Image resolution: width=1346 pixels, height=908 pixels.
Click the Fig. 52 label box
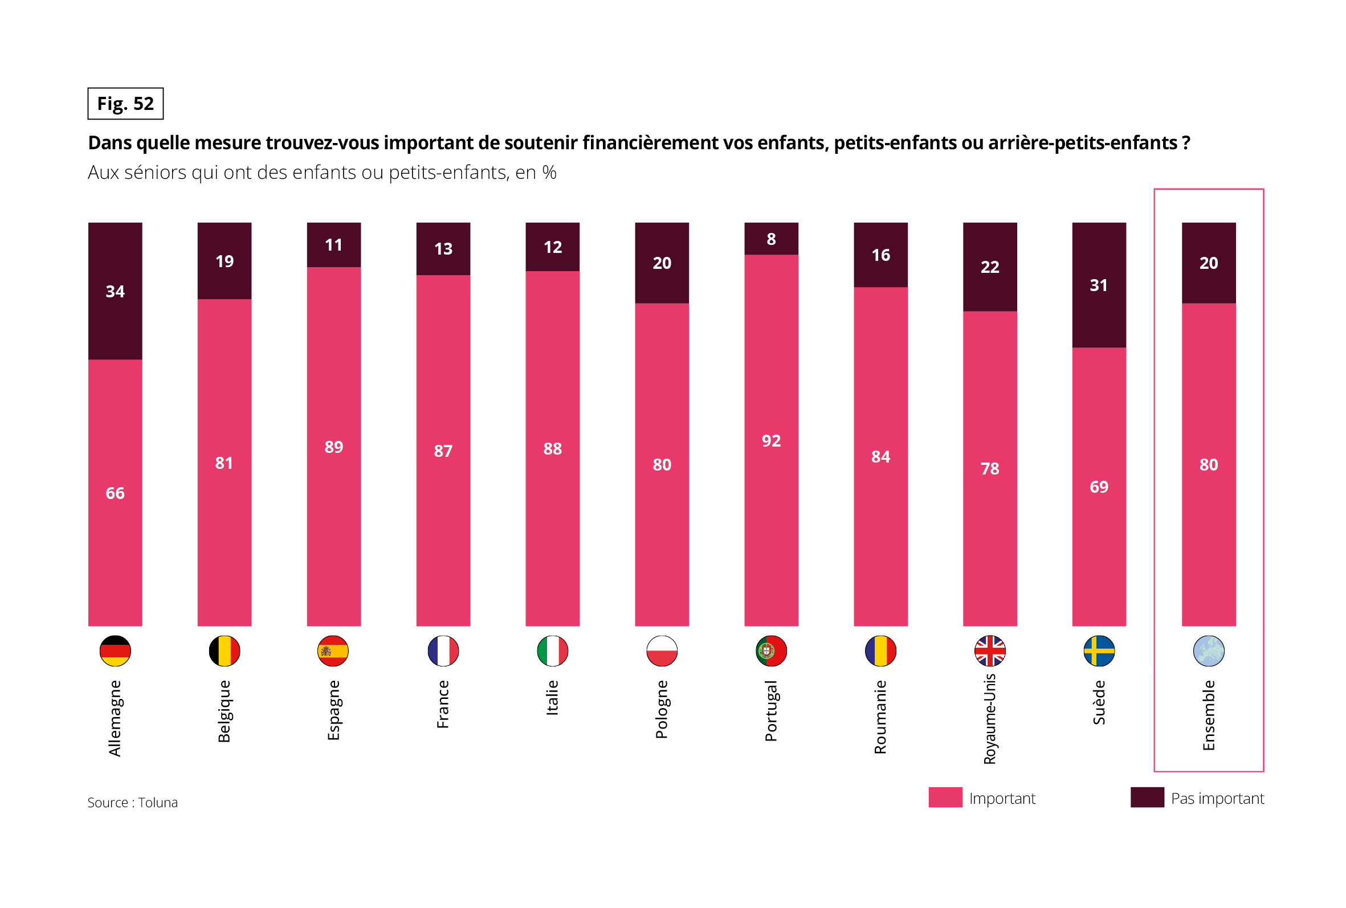pos(125,104)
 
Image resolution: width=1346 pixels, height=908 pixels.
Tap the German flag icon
pos(115,651)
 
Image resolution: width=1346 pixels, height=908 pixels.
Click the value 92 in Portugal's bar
pos(771,441)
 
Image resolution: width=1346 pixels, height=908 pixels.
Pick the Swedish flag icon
pos(1099,651)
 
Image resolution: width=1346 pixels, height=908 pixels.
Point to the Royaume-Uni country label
pos(990,719)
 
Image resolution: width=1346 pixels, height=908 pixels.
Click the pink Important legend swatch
pos(945,797)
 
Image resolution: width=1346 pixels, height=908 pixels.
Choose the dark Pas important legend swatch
pos(1147,797)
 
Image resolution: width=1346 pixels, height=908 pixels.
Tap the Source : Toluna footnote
pos(133,803)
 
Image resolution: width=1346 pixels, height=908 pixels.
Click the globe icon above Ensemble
pos(1208,651)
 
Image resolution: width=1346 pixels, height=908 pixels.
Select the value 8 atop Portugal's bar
pos(771,239)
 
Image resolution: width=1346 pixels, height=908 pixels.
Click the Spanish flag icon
pos(333,651)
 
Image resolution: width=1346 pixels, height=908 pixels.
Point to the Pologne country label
pos(662,709)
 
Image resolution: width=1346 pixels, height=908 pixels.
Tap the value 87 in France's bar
pos(443,451)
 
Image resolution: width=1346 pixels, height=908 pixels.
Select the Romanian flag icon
pos(880,651)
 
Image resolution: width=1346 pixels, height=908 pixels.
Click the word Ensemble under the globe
pos(1208,715)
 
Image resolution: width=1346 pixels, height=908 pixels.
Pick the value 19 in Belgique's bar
pos(225,261)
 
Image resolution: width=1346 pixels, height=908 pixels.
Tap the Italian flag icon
pos(553,651)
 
